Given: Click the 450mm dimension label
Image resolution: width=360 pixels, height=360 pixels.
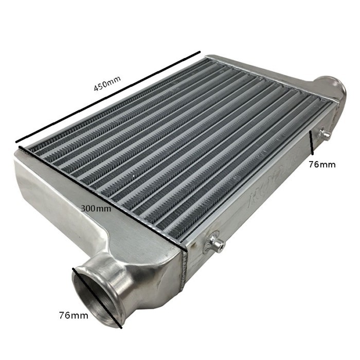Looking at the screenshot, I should [106, 84].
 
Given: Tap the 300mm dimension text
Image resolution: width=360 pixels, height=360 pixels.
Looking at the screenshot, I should [96, 209].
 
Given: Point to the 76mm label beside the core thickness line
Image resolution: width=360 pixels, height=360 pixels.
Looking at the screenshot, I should [322, 165].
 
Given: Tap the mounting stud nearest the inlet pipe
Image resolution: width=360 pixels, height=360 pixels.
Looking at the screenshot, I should [217, 243].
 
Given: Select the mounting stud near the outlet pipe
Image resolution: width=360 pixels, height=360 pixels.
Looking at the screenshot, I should [324, 135].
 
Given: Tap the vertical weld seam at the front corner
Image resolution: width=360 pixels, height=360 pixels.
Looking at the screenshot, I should [185, 267].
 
